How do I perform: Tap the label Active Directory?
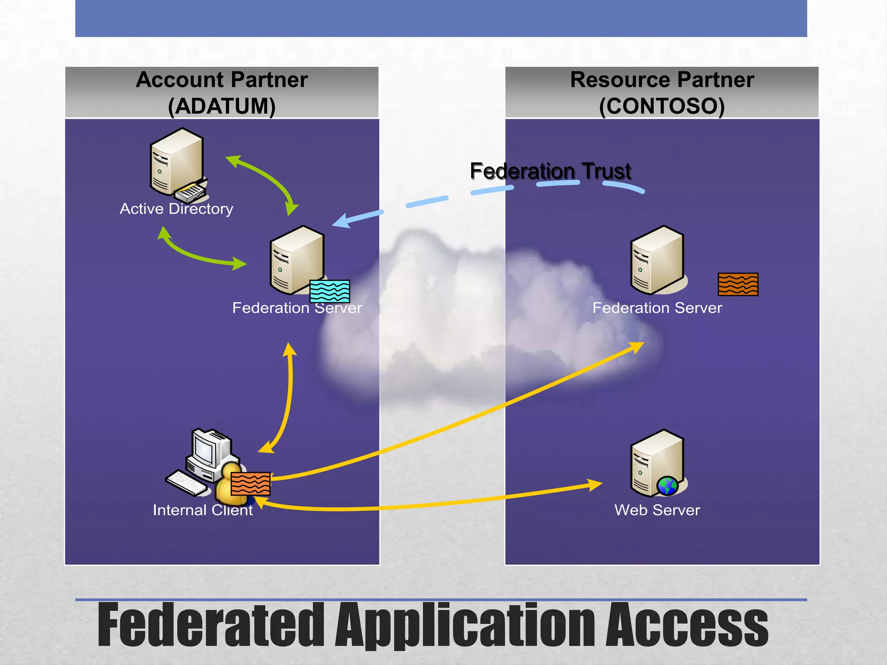[176, 209]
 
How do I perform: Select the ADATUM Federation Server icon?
[296, 260]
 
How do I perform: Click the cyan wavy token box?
[330, 291]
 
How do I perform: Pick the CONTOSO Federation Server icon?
[657, 260]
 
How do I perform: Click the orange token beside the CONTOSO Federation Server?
[738, 284]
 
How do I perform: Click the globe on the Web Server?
[667, 486]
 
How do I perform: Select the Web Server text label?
[657, 510]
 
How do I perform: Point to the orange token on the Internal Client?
[250, 484]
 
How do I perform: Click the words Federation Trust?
[550, 171]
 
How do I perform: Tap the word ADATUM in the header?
[222, 106]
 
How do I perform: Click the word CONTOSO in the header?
[662, 106]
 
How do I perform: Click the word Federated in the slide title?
[211, 625]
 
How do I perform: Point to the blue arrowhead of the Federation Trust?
[342, 221]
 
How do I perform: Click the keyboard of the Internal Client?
[187, 483]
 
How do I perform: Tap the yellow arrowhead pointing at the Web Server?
[595, 484]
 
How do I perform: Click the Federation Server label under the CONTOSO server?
[657, 308]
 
